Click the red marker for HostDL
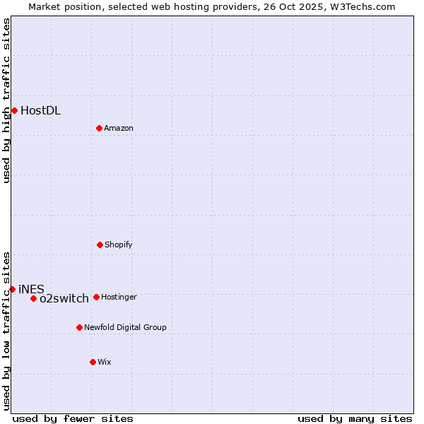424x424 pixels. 14,110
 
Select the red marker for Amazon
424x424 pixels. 99,128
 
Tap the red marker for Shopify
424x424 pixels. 100,245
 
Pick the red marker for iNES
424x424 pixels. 12,289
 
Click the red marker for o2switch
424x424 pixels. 33,298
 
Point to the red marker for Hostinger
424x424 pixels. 96,297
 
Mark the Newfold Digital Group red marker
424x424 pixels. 79,327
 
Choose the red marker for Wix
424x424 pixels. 93,362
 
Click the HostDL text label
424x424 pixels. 40,110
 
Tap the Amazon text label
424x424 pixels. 119,128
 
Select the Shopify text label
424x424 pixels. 119,245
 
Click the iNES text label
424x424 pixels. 31,289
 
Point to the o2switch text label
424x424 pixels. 64,298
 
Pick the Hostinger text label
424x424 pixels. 119,297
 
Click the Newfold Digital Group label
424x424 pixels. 125,327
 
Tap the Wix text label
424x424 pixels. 105,362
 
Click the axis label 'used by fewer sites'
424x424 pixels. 73,418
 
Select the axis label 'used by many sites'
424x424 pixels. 355,418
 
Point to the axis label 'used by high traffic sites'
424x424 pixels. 6,100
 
